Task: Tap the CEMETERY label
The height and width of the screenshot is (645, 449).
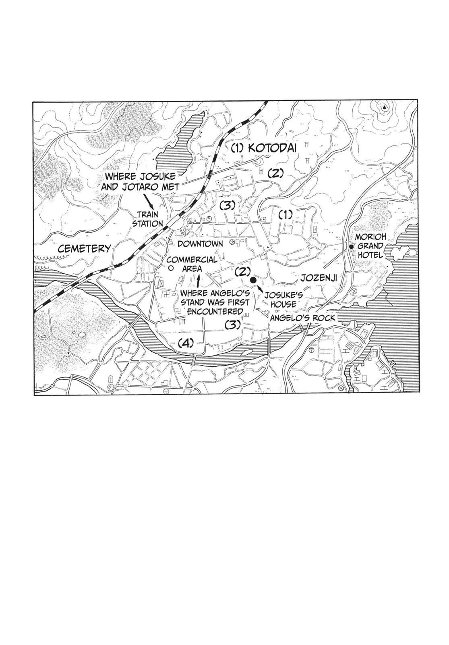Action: [84, 248]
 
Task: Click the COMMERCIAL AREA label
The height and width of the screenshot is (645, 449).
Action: [192, 264]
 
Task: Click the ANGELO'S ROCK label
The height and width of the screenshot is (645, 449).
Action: [302, 318]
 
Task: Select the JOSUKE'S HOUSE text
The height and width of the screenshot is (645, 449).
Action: [280, 300]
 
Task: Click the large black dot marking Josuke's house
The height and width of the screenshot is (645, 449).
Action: [253, 280]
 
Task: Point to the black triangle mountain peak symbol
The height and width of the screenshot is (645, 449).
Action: [384, 108]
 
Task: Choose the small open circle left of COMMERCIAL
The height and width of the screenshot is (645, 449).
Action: [170, 268]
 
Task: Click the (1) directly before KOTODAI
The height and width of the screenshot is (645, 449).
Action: [238, 148]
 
